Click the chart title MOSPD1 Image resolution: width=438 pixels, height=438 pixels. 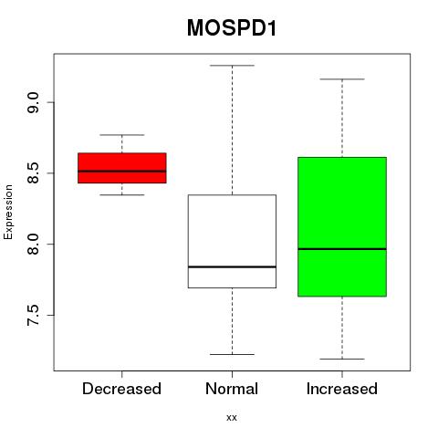232,28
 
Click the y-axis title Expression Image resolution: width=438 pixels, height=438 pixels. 8,212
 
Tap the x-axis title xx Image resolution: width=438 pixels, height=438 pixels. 232,418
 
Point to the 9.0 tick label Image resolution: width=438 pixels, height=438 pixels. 33,102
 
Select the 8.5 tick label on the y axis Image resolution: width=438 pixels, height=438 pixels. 33,173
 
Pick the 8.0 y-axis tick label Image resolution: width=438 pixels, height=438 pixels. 33,244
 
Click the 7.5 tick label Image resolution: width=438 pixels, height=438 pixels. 33,315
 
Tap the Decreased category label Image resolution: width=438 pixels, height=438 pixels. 121,389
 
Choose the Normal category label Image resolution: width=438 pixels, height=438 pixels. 232,389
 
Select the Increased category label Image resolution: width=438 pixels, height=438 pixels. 342,389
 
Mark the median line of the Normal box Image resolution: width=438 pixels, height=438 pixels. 232,266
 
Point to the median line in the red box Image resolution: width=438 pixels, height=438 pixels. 122,172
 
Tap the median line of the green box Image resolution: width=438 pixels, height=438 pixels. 342,249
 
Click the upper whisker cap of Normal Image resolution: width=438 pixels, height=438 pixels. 232,66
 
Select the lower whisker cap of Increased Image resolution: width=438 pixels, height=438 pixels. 342,359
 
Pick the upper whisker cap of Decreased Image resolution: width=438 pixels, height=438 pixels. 122,135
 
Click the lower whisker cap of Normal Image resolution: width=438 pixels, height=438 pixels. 232,354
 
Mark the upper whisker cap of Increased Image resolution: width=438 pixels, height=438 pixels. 342,79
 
